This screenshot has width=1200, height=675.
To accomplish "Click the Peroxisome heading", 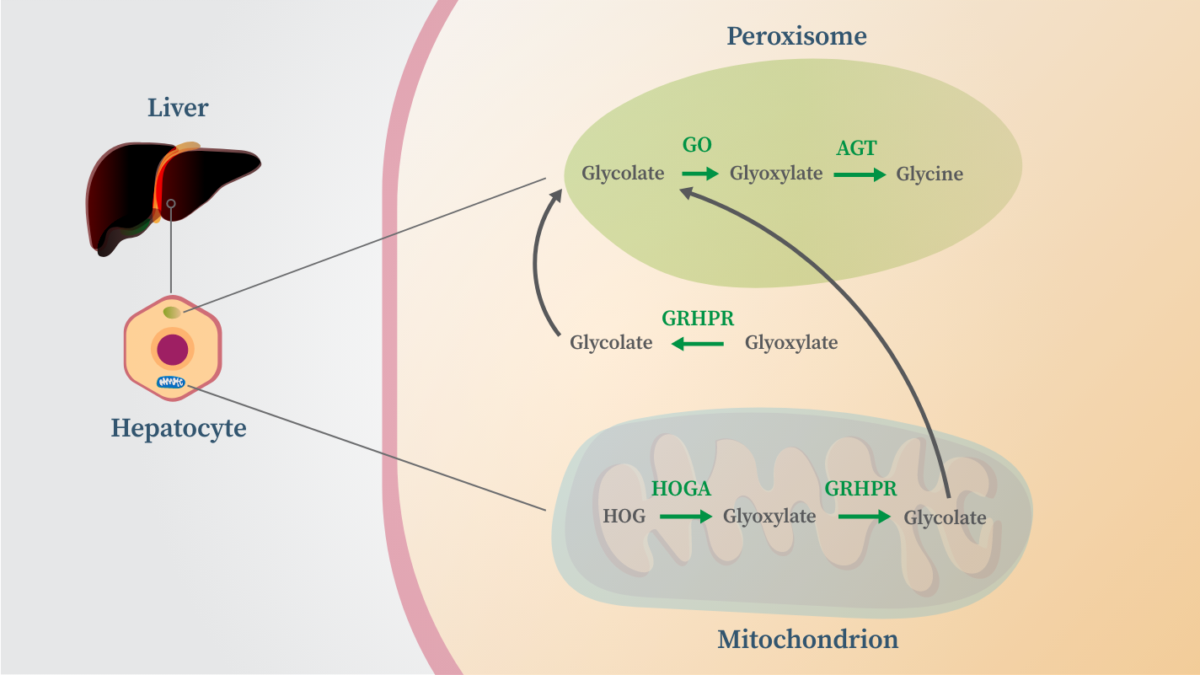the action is pos(796,36).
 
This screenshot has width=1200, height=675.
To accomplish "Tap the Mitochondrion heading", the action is pos(808,639).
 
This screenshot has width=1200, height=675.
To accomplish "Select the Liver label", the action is pos(178,108).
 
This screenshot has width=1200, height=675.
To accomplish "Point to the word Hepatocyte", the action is pos(179,429).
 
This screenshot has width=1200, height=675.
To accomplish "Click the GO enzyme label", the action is pos(697,145).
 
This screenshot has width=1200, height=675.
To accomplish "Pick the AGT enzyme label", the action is pos(857,148).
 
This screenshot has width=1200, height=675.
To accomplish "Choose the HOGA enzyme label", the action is pos(681,489).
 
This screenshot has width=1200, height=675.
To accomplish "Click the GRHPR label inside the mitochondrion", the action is pos(860,489).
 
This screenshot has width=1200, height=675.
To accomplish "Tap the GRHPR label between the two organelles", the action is pos(698,319).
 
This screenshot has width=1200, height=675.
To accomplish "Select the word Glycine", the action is pos(929,174).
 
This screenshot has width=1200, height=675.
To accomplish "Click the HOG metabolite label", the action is pos(624,516).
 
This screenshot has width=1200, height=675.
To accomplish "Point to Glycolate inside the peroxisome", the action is pos(623,174).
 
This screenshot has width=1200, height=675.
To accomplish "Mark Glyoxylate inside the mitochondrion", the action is pos(769,517).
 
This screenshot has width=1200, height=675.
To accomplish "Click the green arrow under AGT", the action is pos(860,174).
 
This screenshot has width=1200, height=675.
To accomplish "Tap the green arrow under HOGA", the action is pos(686,517).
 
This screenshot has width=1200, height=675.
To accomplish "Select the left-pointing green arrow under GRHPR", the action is pos(698,343).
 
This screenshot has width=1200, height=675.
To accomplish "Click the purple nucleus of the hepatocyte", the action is pos(173,349).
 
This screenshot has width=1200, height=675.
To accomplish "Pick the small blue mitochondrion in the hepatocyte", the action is pos(171,382).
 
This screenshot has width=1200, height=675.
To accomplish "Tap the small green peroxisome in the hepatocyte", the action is pos(172,313).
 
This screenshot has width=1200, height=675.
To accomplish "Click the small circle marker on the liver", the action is pos(171,204).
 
